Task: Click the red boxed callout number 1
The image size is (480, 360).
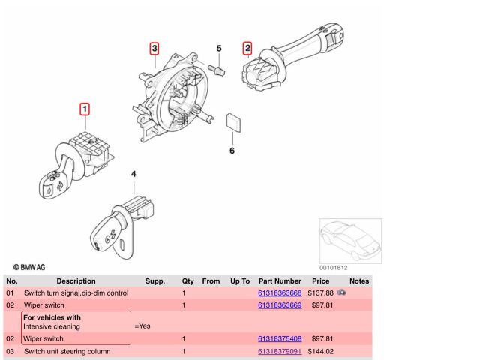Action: tap(85, 109)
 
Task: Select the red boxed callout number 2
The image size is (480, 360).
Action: tap(247, 49)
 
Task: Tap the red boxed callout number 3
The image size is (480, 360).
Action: tap(154, 49)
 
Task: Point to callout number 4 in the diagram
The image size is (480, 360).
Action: tap(133, 175)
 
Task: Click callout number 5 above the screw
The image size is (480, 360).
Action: tap(220, 49)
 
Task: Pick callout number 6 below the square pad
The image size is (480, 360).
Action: tap(232, 151)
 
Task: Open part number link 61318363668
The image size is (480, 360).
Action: tap(280, 292)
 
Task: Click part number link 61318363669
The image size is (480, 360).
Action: tap(280, 305)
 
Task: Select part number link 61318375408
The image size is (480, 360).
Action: tap(280, 339)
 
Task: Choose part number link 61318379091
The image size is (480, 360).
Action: tap(280, 351)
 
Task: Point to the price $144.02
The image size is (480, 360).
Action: tap(320, 351)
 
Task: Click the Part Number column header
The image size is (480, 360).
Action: tap(280, 280)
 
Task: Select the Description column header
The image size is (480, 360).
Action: tap(76, 280)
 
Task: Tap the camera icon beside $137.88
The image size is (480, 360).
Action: tap(342, 291)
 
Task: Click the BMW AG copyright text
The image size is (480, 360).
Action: tap(29, 266)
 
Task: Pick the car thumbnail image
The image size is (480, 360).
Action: tap(350, 240)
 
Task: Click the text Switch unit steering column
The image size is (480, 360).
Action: tap(67, 351)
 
